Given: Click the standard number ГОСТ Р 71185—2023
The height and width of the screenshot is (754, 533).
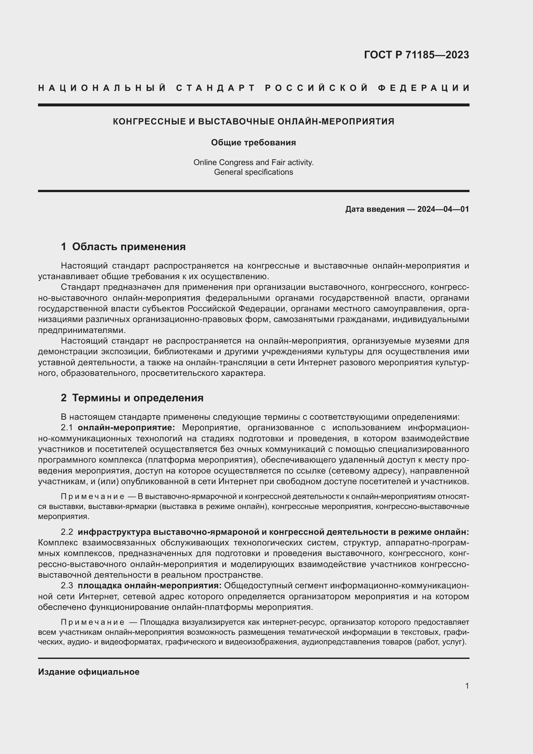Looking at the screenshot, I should click(416, 55).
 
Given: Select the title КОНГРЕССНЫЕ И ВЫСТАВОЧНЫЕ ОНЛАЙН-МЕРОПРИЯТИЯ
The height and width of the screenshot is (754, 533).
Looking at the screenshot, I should click(253, 122).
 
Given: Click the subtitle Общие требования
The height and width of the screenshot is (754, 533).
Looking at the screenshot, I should click(253, 142).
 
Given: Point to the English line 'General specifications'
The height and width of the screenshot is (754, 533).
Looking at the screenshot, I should click(253, 172).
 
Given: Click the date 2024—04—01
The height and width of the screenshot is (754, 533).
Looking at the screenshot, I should click(443, 209).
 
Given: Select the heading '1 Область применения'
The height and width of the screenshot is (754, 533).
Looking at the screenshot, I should click(123, 247).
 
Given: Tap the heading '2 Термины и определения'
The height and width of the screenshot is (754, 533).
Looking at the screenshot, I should click(132, 398).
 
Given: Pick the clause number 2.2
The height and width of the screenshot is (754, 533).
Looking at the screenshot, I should click(67, 532).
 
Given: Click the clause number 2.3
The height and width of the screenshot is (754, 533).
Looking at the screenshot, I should click(67, 585).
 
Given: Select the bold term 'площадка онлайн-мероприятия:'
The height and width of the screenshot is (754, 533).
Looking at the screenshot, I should click(150, 585).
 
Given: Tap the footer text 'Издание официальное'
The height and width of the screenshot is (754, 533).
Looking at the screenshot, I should click(89, 672).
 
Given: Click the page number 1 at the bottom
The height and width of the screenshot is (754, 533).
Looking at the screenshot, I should click(467, 686).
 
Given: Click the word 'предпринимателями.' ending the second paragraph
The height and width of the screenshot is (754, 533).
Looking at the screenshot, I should click(82, 330).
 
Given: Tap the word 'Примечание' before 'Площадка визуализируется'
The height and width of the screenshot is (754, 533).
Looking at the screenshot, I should click(92, 622).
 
